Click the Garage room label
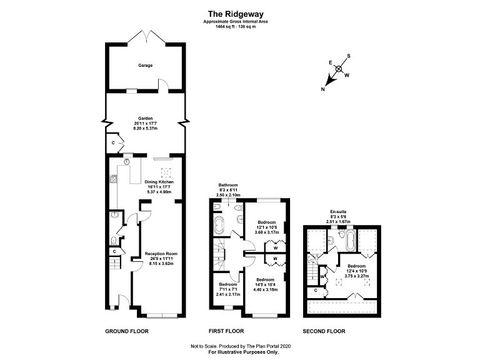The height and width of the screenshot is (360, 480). [x=146, y=65]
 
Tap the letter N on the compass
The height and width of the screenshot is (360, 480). [x=323, y=90]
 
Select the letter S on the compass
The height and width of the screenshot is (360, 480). [x=349, y=56]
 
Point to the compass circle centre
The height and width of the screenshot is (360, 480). [x=339, y=69]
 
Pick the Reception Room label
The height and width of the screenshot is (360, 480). [x=161, y=254]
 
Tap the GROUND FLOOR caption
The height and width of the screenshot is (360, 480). [x=127, y=331]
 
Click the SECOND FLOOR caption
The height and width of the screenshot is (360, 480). [x=324, y=331]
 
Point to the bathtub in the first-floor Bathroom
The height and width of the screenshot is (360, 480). [x=219, y=226]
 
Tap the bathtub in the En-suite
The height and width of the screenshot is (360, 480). [x=350, y=239]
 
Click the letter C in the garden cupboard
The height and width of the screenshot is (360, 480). [x=112, y=142]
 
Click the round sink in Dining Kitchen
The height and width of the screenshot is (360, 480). [x=126, y=161]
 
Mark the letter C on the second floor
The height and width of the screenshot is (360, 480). [x=316, y=290]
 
